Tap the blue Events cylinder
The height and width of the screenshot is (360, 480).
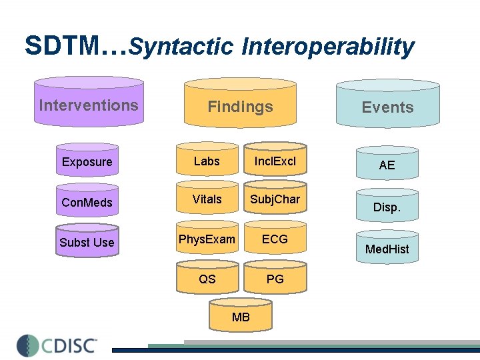point(387,105)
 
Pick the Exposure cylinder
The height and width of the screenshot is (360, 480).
point(87,162)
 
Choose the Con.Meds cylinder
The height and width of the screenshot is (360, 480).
point(87,201)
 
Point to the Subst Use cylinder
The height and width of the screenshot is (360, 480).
point(87,241)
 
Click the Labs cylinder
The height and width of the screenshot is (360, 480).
point(207,161)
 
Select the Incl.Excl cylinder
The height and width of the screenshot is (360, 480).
point(275,161)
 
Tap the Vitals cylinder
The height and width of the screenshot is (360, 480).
point(207,199)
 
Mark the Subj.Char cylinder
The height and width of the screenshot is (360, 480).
point(275,199)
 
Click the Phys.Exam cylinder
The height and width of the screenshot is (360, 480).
point(207,239)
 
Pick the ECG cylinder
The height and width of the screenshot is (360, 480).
point(275,239)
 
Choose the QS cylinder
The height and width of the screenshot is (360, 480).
point(207,278)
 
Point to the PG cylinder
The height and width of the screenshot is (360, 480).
point(275,278)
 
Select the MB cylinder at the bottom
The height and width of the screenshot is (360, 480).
point(241,315)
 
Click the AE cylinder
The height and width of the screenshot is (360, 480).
point(387,163)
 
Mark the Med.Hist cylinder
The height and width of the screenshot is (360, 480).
point(387,248)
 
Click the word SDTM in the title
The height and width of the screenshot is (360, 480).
point(64,45)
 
